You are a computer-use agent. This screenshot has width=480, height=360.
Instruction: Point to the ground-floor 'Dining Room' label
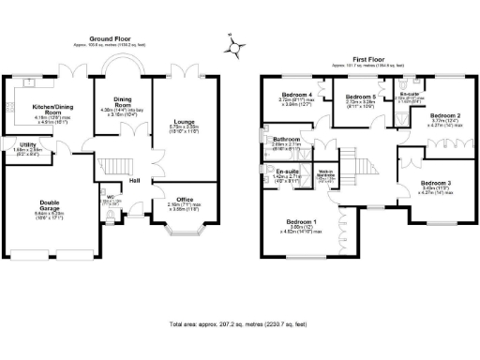click(x=121, y=103)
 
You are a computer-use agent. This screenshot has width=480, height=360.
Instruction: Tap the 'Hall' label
click(x=135, y=181)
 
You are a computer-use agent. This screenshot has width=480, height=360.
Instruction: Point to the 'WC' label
click(x=110, y=196)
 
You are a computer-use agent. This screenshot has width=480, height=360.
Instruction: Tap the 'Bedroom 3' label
click(x=435, y=182)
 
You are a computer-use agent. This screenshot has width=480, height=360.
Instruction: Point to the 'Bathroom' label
click(x=286, y=140)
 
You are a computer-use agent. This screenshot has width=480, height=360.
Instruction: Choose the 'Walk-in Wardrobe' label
click(x=328, y=173)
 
